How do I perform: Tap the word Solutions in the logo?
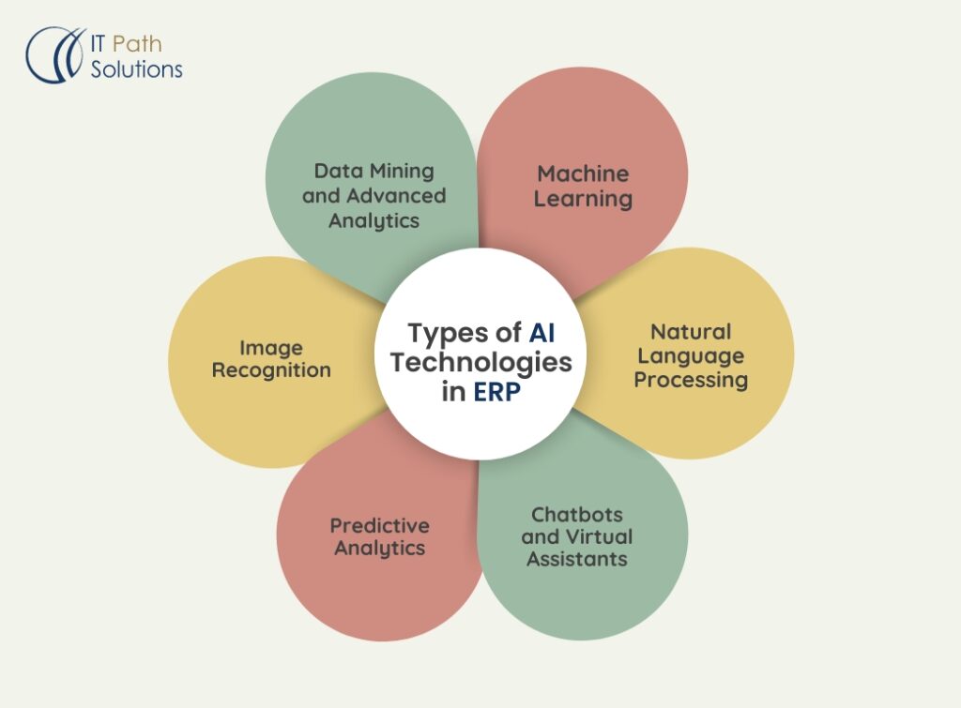pos(136,68)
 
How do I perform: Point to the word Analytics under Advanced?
pos(374,221)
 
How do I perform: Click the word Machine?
pos(583,173)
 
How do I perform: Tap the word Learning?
pos(584,199)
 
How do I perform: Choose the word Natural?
pos(691,331)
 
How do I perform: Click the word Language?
pos(691,355)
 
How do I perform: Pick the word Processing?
pos(691,380)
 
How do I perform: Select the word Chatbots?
pos(577,515)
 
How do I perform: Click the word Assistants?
pos(577,560)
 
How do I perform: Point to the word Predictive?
pos(379,525)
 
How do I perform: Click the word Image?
pos(271,347)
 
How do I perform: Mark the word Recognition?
pos(271,370)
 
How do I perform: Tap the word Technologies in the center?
pos(480,362)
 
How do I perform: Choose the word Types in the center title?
pos(439,333)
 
